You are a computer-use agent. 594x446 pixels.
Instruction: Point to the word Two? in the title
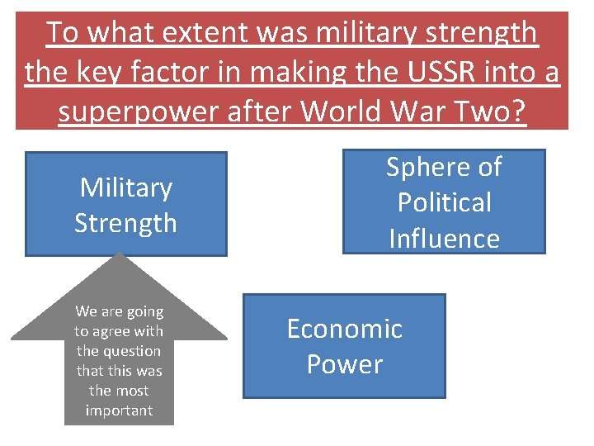point(493,111)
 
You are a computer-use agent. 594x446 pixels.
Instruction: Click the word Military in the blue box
point(125,187)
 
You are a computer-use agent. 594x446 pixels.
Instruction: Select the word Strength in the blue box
point(125,223)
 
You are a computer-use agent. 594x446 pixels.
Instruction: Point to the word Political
point(444,202)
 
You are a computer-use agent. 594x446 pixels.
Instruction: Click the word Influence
point(444,239)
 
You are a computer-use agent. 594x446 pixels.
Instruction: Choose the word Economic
point(344,329)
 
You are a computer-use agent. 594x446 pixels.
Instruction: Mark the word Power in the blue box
point(344,364)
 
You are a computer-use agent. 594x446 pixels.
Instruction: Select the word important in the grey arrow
point(119,410)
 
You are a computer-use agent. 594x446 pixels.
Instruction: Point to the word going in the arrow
point(144,311)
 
